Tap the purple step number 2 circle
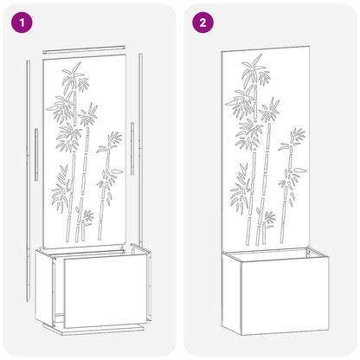202,23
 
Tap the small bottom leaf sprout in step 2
269,216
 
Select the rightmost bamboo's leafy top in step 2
295,138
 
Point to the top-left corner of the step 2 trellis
222,51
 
